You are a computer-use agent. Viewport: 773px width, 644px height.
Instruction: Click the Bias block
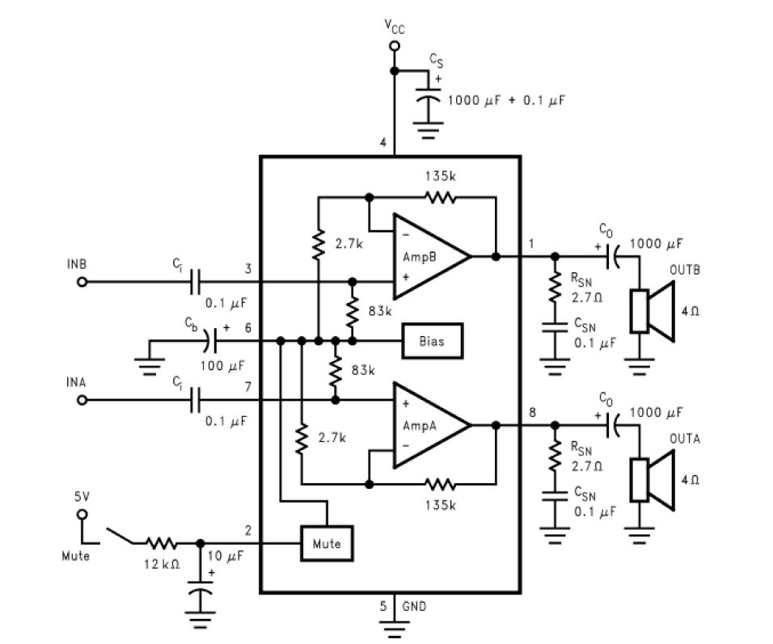(432, 341)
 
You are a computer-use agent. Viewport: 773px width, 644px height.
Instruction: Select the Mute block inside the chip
(327, 544)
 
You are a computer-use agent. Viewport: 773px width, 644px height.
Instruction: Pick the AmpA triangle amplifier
(427, 424)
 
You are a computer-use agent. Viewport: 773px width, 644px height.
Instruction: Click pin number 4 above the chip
(382, 143)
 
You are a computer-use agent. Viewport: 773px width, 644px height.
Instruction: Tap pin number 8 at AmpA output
(531, 413)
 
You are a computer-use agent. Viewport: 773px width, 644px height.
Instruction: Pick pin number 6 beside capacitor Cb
(248, 327)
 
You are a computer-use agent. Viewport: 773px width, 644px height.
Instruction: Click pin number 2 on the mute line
(248, 530)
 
